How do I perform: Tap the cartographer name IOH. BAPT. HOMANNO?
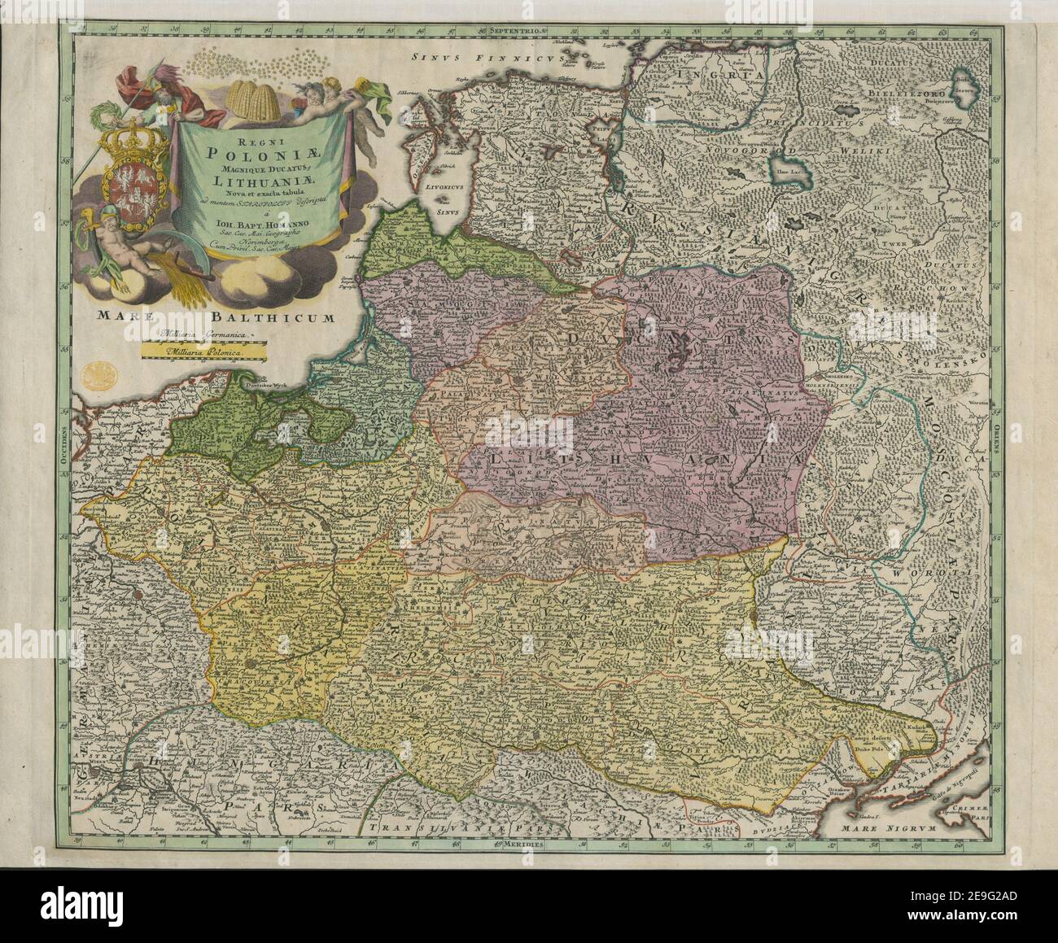coord(259,225)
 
